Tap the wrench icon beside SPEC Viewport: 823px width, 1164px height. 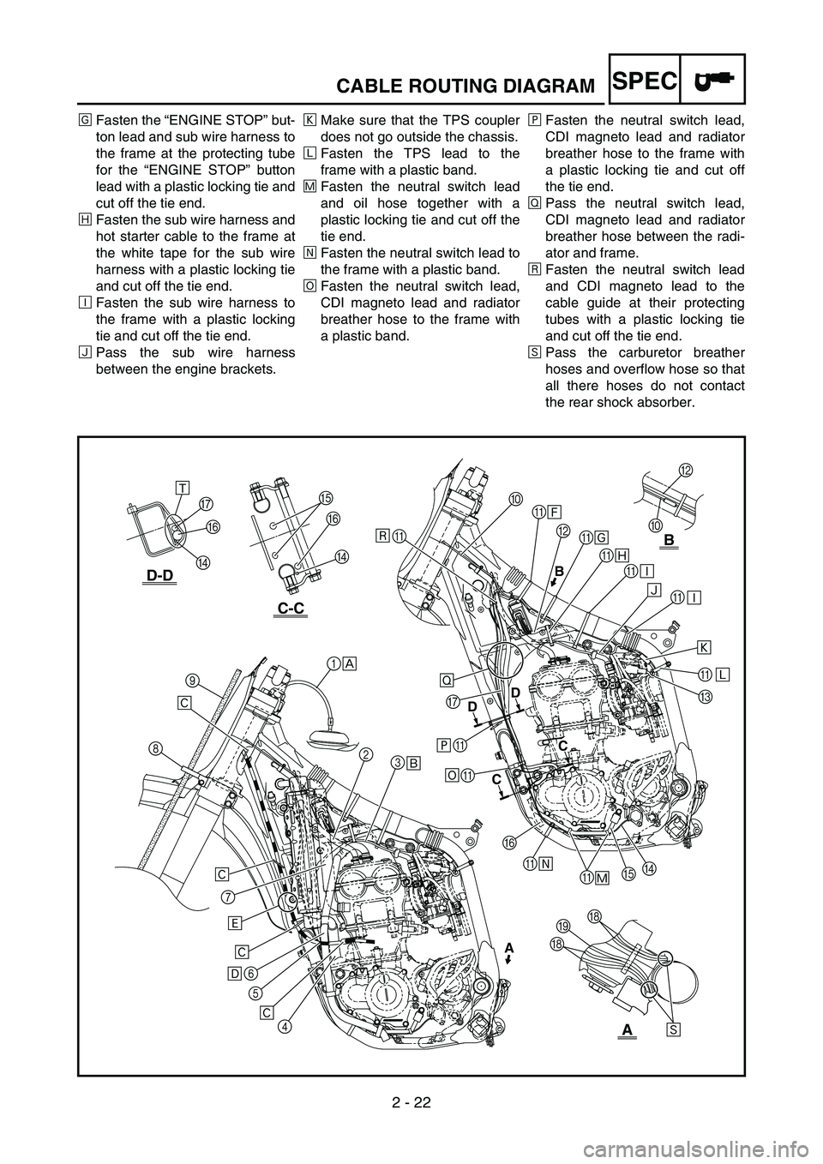coord(712,78)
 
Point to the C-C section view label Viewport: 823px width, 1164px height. coord(291,608)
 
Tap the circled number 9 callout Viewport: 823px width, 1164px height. coord(192,680)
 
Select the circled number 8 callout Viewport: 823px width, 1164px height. coord(156,747)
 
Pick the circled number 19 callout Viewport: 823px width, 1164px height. coord(562,926)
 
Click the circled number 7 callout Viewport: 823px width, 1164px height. coord(227,897)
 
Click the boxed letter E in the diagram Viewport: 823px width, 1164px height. coord(234,922)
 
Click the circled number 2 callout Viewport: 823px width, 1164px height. coord(365,754)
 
